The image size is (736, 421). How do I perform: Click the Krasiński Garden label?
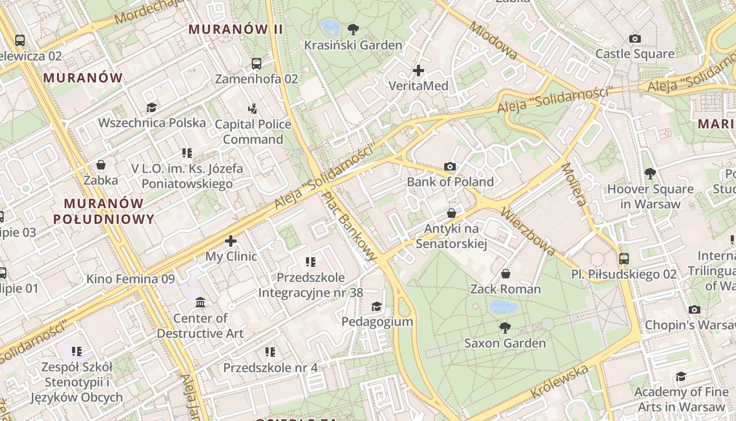click(x=353, y=45)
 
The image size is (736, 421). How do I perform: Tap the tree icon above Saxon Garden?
click(x=505, y=328)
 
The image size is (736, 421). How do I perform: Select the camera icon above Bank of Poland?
click(x=450, y=167)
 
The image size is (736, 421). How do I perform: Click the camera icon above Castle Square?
click(x=635, y=38)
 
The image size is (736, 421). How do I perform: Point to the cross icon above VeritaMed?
click(x=418, y=70)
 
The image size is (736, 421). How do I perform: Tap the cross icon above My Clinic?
click(x=231, y=241)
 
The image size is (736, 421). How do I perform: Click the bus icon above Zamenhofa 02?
click(x=256, y=64)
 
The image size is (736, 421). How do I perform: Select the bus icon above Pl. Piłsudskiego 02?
click(x=624, y=259)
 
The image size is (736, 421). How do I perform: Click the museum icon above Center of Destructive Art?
click(x=200, y=303)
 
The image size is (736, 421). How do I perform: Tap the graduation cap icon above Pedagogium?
click(x=377, y=306)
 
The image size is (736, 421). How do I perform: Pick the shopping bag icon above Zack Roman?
click(x=505, y=274)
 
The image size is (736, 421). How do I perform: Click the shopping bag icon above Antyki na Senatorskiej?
click(x=451, y=213)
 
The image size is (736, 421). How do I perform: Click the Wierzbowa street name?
click(x=528, y=230)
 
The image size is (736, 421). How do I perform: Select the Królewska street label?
click(x=559, y=382)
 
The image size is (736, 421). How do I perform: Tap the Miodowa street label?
click(x=493, y=41)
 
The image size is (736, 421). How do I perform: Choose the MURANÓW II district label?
click(x=236, y=29)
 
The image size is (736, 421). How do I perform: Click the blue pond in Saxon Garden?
click(x=504, y=306)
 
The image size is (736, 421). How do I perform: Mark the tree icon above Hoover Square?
click(x=650, y=173)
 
